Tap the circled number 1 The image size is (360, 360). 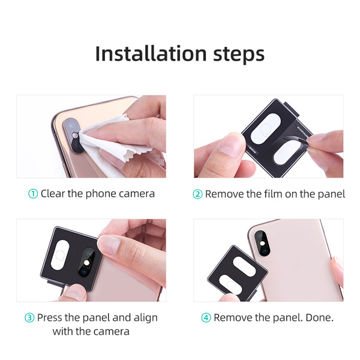tap(33, 194)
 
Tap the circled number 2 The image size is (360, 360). tap(198, 194)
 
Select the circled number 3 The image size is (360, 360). tap(29, 317)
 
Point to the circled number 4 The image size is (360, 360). tap(206, 317)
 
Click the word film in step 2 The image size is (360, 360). tap(271, 194)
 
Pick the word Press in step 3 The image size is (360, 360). tap(52, 317)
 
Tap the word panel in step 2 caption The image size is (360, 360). tap(330, 194)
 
